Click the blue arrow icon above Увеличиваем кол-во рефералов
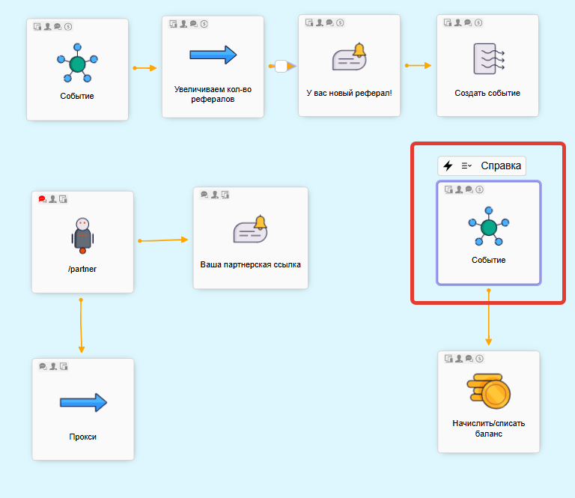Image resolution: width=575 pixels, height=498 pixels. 213,55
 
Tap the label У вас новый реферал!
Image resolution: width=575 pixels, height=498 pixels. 349,94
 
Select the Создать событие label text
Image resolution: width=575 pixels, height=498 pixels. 487,94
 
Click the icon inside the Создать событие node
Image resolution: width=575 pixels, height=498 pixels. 488,58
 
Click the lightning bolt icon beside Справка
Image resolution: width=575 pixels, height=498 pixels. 448,166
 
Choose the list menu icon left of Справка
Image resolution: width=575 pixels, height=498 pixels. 466,166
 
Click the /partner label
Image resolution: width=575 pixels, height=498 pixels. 82,269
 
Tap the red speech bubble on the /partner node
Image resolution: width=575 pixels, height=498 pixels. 42,199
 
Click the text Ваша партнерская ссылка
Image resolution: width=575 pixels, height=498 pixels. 250,264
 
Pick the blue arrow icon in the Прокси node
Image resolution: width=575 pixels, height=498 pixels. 83,402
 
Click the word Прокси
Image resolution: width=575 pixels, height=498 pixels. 83,437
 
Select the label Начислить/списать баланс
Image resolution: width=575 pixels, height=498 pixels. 488,428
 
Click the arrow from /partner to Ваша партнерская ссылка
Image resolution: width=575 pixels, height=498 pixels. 163,240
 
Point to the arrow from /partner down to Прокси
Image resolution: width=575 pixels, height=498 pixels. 82,326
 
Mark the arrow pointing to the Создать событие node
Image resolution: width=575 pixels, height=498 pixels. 419,65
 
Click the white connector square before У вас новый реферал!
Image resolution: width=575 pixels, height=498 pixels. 281,66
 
